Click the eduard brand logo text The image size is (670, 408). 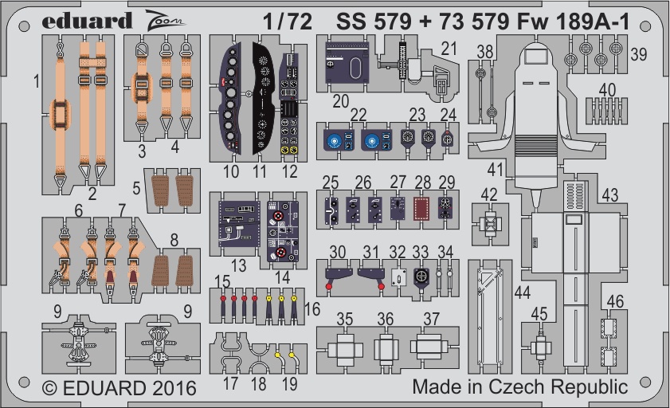point(87,21)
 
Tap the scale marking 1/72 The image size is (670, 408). point(288,22)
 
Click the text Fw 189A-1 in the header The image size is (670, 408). point(573,22)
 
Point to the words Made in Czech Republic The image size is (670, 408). point(520,386)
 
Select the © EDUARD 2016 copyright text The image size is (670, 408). point(120,388)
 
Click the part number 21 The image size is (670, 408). point(449,49)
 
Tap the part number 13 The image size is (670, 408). point(238,265)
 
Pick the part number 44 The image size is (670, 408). point(523,292)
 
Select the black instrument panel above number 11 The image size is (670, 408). point(263,98)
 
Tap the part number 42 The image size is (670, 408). point(489,194)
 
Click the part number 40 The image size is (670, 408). point(607,90)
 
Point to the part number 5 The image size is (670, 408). point(136,188)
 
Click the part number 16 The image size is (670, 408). point(312,309)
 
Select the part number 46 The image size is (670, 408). point(615,302)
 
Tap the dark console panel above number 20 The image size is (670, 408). point(347,62)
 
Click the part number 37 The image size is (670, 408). point(432,319)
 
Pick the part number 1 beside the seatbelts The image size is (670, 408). point(37,81)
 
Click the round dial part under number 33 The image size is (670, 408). point(421,277)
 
